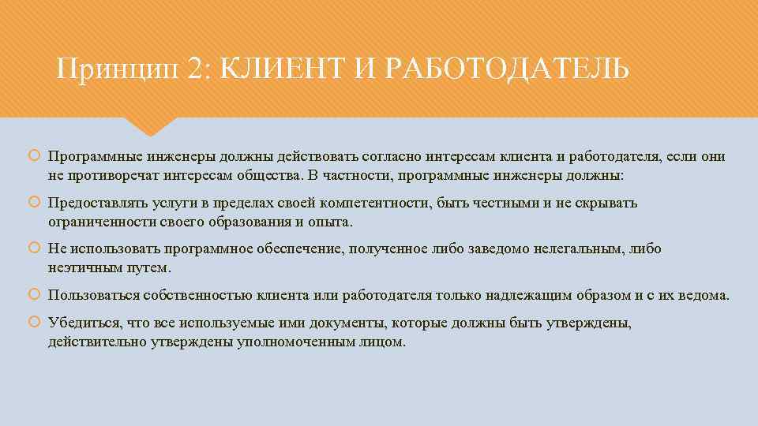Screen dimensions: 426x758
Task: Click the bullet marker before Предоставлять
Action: [34, 204]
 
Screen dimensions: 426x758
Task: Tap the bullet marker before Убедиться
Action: [34, 323]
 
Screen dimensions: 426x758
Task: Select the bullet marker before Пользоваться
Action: [34, 296]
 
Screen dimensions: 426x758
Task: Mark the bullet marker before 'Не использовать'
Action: [34, 249]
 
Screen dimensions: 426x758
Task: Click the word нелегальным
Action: [580, 249]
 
